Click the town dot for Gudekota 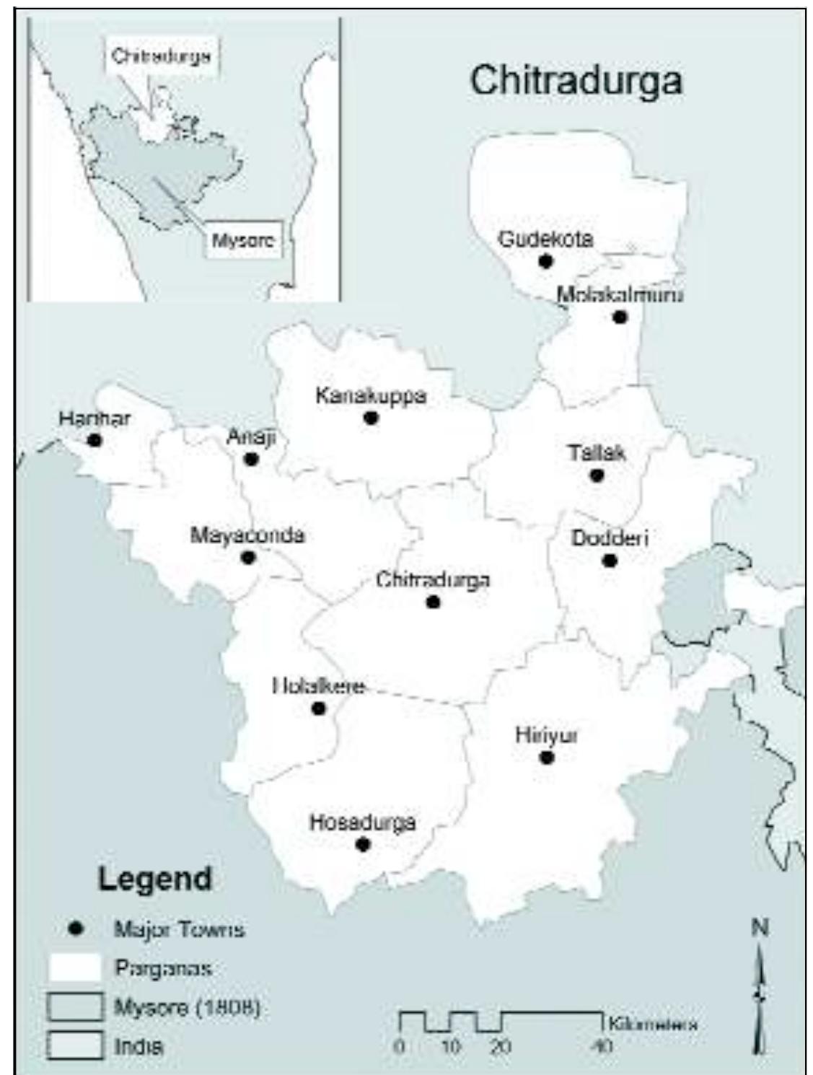[545, 260]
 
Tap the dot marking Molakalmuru [620, 317]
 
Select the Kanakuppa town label [371, 395]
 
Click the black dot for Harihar [95, 439]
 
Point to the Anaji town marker [251, 459]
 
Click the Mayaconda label [247, 535]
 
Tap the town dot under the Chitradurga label [433, 601]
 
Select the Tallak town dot [596, 475]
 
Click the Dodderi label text [610, 538]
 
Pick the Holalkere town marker [318, 708]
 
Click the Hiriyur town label [546, 735]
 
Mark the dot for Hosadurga [363, 843]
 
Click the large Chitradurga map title [576, 80]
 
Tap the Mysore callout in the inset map [242, 240]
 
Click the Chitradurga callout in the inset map [161, 56]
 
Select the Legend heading [154, 879]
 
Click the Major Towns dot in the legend [74, 929]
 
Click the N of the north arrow [760, 927]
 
